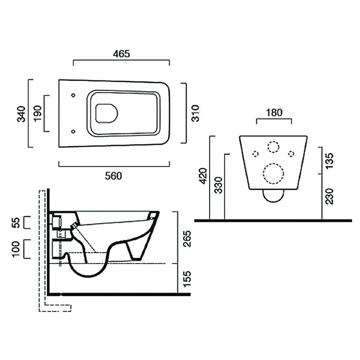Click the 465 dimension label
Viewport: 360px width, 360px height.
pyautogui.click(x=121, y=54)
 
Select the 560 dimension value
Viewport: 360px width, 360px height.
pyautogui.click(x=113, y=176)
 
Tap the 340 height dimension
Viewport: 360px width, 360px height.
pyautogui.click(x=21, y=114)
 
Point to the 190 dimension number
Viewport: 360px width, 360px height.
pyautogui.click(x=37, y=113)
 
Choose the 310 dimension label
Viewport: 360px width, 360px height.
pyautogui.click(x=195, y=113)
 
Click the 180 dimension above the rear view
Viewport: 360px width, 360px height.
pyautogui.click(x=274, y=112)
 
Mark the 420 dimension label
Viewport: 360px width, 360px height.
pyautogui.click(x=203, y=176)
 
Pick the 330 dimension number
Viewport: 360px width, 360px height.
pyautogui.click(x=219, y=185)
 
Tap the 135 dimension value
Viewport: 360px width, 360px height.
pyautogui.click(x=329, y=161)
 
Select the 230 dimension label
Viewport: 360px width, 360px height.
pyautogui.click(x=329, y=196)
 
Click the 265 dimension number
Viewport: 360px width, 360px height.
pyautogui.click(x=187, y=239)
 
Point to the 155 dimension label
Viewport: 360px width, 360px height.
pyautogui.click(x=187, y=279)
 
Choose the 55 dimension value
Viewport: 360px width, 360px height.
pyautogui.click(x=16, y=223)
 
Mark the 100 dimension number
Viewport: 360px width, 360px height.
pyautogui.click(x=15, y=249)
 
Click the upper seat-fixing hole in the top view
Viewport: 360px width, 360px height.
pyautogui.click(x=73, y=95)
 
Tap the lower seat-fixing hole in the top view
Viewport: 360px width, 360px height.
pyautogui.click(x=73, y=131)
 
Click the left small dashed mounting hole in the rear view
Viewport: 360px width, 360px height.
pyautogui.click(x=256, y=154)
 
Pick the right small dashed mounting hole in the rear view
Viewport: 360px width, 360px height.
pyautogui.click(x=291, y=154)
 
